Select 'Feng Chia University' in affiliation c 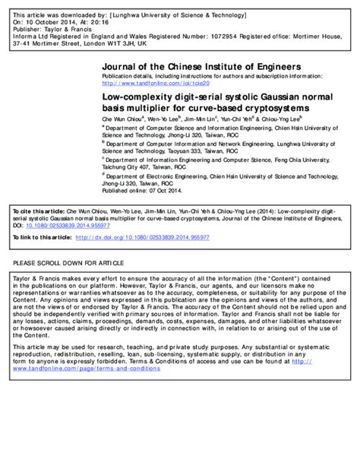[x=308, y=160]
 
